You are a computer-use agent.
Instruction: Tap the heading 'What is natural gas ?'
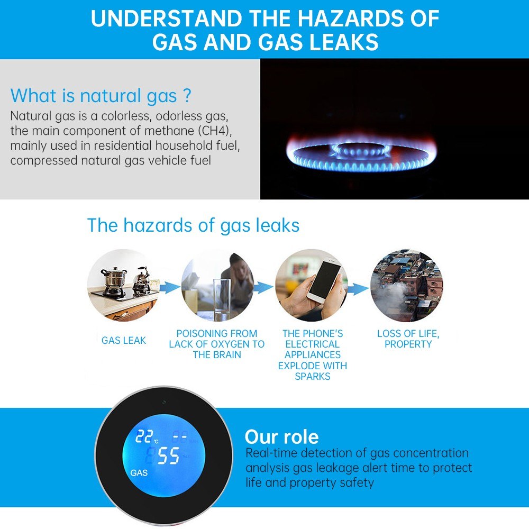[x=101, y=96]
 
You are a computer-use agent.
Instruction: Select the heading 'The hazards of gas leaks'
[x=193, y=225]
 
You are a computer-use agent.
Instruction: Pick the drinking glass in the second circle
[x=222, y=299]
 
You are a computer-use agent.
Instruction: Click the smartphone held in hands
[x=324, y=279]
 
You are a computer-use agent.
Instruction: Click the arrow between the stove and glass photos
[x=170, y=287]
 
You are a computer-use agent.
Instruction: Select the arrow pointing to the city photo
[x=358, y=289]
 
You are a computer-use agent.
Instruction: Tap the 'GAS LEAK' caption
[x=124, y=340]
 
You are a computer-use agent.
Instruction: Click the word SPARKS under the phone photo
[x=313, y=377]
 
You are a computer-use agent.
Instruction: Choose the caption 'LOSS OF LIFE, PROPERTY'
[x=408, y=339]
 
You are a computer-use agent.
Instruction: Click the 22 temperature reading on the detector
[x=144, y=436]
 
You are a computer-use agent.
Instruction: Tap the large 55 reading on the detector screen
[x=168, y=455]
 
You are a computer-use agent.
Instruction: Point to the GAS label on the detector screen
[x=139, y=473]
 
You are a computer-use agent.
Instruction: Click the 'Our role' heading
[x=282, y=437]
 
